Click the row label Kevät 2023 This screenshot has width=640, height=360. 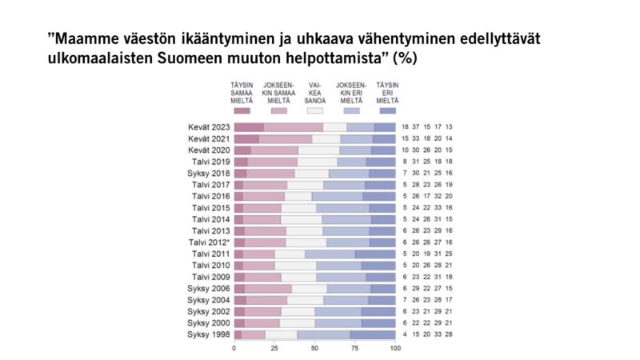(210, 127)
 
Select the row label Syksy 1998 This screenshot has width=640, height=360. (209, 334)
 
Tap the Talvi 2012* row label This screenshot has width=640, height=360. (210, 242)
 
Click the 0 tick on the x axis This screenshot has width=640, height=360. (234, 350)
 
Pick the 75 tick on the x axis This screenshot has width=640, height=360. (354, 350)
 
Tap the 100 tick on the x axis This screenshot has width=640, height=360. (394, 350)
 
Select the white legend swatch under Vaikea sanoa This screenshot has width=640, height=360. (314, 110)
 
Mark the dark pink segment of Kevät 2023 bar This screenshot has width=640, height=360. (249, 127)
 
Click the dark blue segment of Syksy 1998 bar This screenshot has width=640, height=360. (373, 334)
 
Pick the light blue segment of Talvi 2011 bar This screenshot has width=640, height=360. (330, 254)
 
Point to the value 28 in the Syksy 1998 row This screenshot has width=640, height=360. (450, 334)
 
